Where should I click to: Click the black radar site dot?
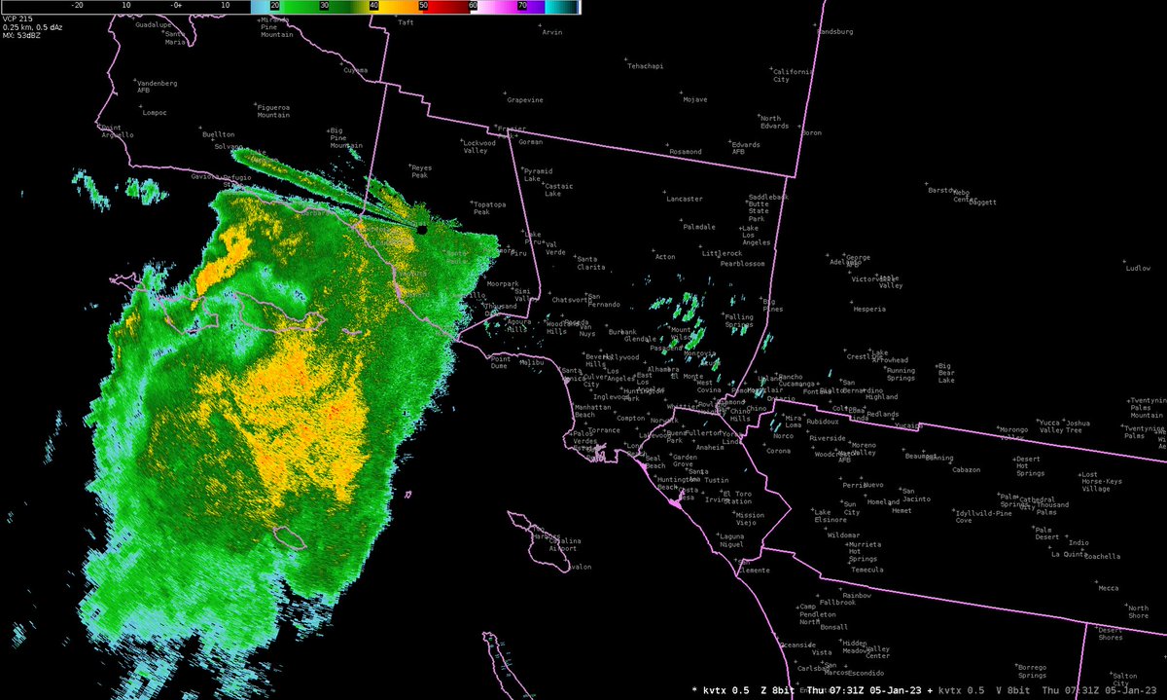tap(422, 230)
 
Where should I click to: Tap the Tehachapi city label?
tap(645, 66)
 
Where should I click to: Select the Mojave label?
tap(694, 99)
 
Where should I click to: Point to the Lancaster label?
tap(685, 199)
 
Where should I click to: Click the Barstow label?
tap(941, 190)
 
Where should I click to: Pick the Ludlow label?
tap(1137, 268)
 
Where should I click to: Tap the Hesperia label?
tap(868, 309)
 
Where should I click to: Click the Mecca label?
tap(1108, 587)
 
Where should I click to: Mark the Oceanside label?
tap(797, 645)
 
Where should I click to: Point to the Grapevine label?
tap(525, 99)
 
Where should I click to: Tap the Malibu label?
tap(531, 362)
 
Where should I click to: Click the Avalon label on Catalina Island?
tap(578, 567)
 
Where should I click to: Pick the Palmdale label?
tap(698, 227)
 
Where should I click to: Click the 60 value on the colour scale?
tap(473, 5)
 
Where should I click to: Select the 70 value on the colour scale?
tap(522, 5)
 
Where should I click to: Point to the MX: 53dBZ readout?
tap(22, 36)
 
